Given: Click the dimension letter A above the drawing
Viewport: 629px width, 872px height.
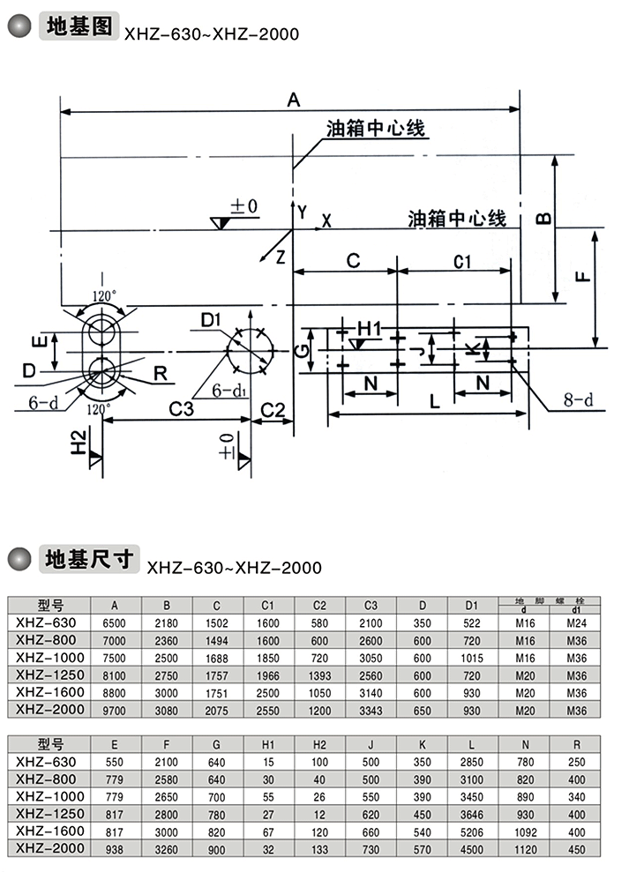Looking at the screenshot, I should (294, 101).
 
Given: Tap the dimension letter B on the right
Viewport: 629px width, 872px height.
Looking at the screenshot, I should (543, 216).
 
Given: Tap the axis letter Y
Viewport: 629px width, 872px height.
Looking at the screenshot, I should (302, 212).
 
